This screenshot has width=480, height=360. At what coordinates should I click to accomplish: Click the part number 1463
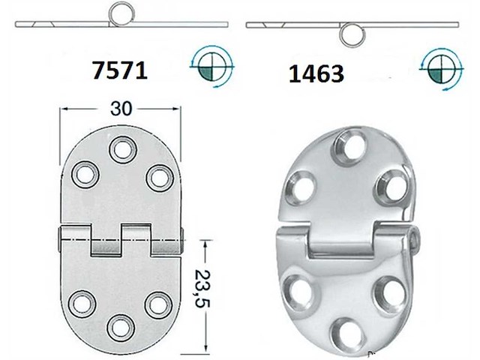[x=316, y=73]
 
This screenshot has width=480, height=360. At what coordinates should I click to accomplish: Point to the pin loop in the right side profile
[x=349, y=34]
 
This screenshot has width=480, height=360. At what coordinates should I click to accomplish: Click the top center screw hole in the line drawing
[x=120, y=149]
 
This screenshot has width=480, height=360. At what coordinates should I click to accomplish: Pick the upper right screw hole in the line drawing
[x=158, y=177]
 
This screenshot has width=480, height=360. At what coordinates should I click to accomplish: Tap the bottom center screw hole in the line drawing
[x=120, y=328]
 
